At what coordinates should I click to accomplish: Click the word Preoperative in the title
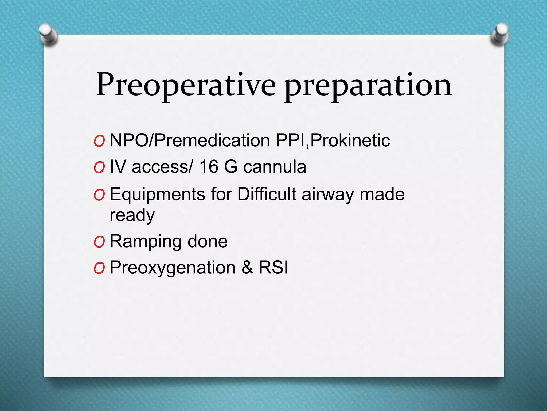pos(186,85)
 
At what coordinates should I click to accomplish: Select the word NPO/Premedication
pos(190,140)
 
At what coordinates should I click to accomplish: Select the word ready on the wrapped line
pos(132,215)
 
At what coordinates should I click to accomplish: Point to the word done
pos(208,241)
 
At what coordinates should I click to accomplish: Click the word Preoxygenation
pos(173,268)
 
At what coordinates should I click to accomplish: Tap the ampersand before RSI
pos(247,268)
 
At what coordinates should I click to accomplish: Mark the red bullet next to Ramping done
pos(99,242)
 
